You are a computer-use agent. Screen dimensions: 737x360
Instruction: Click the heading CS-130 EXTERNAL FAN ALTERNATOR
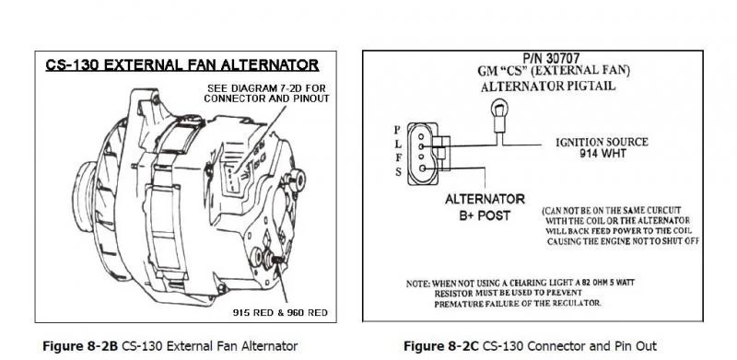pos(181,64)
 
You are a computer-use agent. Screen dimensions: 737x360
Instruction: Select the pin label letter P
pos(398,130)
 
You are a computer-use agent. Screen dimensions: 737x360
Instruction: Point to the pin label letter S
pos(398,172)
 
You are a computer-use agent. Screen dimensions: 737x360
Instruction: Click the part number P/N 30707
pos(551,59)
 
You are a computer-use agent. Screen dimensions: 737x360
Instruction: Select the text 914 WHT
pos(602,153)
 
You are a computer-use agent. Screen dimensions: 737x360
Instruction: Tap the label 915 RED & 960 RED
pos(280,312)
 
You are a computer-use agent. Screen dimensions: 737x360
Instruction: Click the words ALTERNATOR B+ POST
pos(485,207)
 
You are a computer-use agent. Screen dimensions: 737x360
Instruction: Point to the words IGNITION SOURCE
pos(602,142)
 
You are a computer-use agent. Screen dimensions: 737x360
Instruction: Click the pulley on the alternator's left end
pos(85,196)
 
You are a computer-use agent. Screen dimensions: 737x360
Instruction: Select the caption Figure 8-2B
pos(80,347)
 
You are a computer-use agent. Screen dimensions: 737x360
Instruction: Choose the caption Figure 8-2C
pos(441,347)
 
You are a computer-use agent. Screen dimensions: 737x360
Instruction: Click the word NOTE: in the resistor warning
pos(418,284)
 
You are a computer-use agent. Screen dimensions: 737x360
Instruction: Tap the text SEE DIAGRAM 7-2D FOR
pos(266,88)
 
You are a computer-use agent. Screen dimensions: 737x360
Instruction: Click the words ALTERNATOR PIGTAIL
pos(547,87)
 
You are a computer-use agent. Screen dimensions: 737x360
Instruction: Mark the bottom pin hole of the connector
pos(422,168)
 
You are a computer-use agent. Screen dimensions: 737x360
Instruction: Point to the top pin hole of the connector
pos(421,136)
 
